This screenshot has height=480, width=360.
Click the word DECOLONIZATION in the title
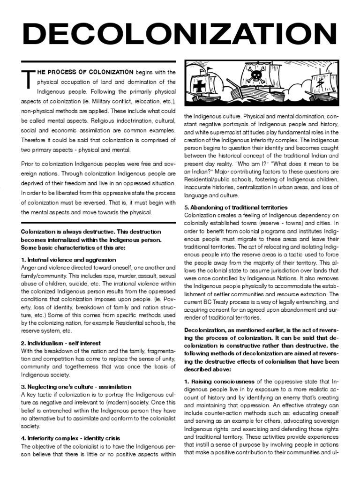(180, 33)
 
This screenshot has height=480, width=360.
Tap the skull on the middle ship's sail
(255, 75)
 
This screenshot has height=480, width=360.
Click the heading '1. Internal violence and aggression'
(68, 259)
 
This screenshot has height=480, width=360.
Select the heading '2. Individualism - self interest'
(61, 343)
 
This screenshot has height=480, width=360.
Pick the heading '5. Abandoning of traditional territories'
(235, 207)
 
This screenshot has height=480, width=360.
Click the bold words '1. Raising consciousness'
(219, 381)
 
